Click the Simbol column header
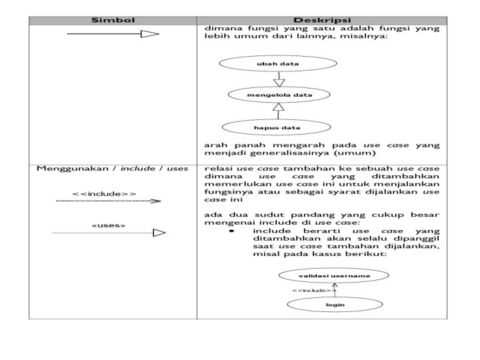[x=113, y=20]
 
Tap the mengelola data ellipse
[x=279, y=95]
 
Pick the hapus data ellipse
[x=277, y=127]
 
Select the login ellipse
[x=334, y=305]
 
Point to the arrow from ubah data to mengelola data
[x=279, y=79]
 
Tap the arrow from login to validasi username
[x=335, y=289]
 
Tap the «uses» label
[x=108, y=225]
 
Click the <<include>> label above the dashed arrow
[x=104, y=194]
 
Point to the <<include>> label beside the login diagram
[x=313, y=291]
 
